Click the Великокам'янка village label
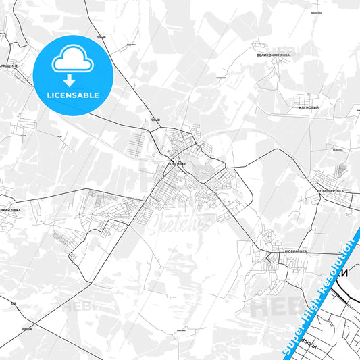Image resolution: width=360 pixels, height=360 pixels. (x=272, y=55)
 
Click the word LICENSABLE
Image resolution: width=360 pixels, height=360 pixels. (x=73, y=95)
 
